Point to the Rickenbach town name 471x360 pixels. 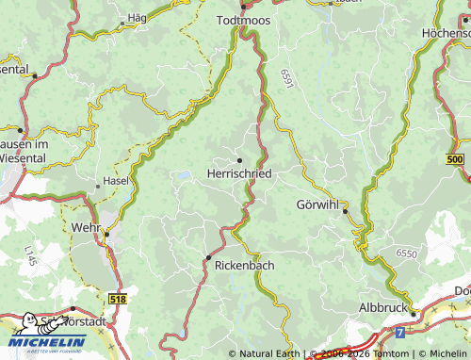pos(240,266)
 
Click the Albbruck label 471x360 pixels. pos(384,308)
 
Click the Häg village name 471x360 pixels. pos(138,18)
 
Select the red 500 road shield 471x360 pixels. pos(456,160)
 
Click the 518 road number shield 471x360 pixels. pos(118,299)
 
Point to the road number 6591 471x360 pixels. pos(285,81)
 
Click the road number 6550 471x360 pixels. pos(406,254)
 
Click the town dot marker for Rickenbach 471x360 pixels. pos(208,257)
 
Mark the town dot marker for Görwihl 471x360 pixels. pos(346,211)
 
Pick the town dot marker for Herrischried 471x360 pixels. pos(238,160)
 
